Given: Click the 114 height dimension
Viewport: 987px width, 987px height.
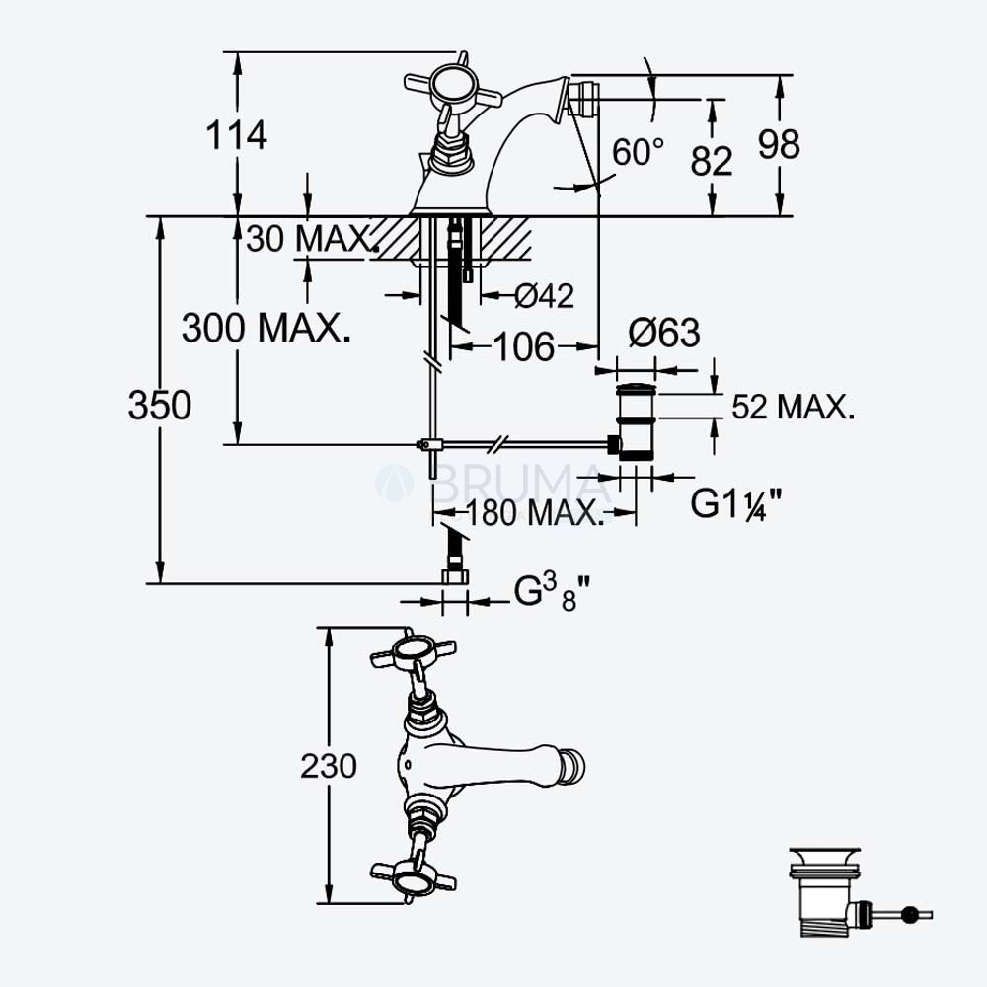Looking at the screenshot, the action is tap(237, 134).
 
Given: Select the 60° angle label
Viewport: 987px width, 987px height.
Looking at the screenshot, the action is tap(638, 152).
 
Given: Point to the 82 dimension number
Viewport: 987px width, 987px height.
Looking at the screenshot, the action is tap(712, 161).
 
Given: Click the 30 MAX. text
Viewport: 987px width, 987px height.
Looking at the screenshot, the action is tap(312, 239).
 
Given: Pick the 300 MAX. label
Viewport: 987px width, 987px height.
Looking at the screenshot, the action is tap(266, 328).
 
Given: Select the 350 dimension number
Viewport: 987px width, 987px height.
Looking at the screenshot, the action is tap(159, 405).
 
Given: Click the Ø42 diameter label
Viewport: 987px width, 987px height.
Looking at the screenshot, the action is tap(544, 295).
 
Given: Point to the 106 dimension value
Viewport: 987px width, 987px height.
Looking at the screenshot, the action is tap(524, 346).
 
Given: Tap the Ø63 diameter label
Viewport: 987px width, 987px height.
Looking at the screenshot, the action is tap(664, 333).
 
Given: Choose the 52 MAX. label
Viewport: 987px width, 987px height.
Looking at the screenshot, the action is tap(794, 407).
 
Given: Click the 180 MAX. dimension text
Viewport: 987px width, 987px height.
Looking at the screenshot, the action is tap(534, 513).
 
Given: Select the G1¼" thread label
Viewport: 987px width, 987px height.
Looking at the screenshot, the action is tap(736, 503).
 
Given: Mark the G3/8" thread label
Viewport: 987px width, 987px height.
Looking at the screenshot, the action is tap(552, 593).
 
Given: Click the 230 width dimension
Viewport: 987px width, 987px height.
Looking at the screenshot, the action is tap(328, 766).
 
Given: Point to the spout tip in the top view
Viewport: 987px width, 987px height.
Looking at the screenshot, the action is tap(573, 766).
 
